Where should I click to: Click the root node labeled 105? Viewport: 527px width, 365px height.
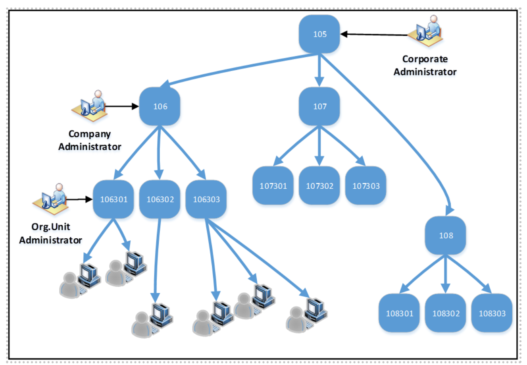[319, 34]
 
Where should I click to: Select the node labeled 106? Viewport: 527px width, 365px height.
[160, 106]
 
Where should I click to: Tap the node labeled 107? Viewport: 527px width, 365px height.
[319, 106]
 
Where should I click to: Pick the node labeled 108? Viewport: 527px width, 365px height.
[446, 236]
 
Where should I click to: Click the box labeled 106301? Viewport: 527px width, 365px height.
[113, 199]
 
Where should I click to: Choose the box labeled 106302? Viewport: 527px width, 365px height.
[160, 199]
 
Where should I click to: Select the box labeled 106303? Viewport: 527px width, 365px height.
[206, 199]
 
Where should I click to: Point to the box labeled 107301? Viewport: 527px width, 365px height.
[273, 186]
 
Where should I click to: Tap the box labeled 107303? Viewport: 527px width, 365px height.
[366, 186]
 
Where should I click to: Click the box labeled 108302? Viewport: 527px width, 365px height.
[446, 313]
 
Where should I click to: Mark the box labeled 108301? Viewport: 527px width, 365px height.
[399, 313]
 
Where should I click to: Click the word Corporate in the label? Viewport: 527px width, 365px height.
[425, 59]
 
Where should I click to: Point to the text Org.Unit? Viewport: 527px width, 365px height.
[50, 227]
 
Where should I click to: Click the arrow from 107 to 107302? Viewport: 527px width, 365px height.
[319, 145]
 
